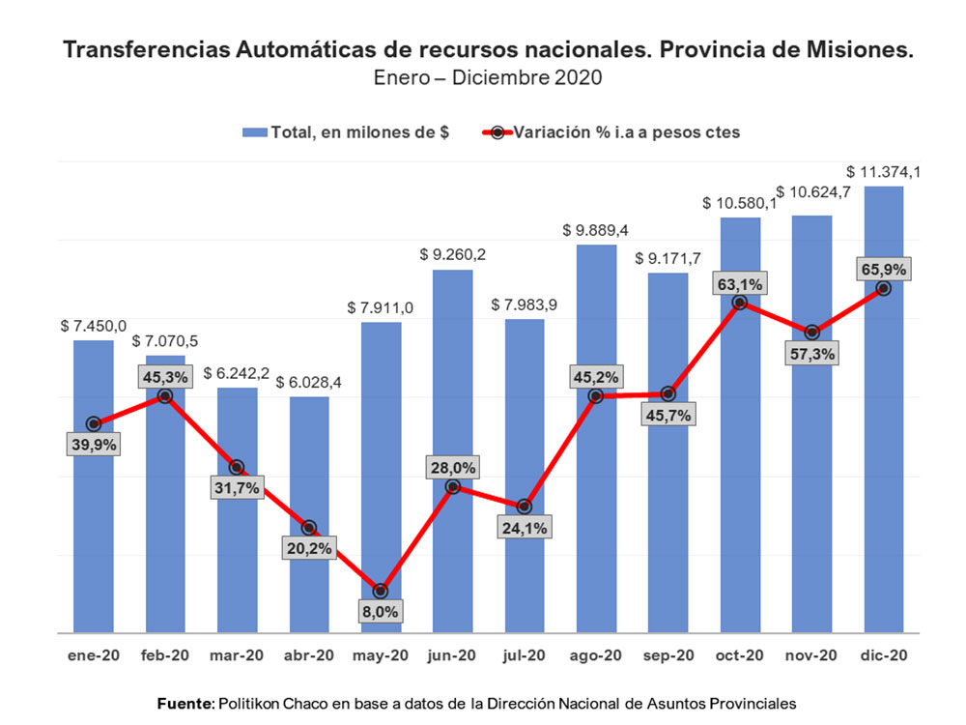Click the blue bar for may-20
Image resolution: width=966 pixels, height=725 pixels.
[381, 454]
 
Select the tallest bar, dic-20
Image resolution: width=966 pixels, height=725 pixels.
[883, 435]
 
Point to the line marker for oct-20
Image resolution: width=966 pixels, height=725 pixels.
[740, 303]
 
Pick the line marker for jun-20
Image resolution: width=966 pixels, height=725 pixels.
[452, 486]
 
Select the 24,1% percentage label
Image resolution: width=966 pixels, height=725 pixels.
[526, 528]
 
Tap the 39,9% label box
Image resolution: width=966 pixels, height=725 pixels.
[94, 445]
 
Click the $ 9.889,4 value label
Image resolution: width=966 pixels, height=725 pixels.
[595, 231]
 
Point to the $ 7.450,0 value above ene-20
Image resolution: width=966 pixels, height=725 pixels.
[93, 327]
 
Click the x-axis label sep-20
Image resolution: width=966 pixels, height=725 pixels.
[668, 655]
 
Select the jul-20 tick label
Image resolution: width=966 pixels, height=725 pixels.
[525, 655]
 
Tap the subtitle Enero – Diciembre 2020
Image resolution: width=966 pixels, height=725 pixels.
[488, 78]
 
